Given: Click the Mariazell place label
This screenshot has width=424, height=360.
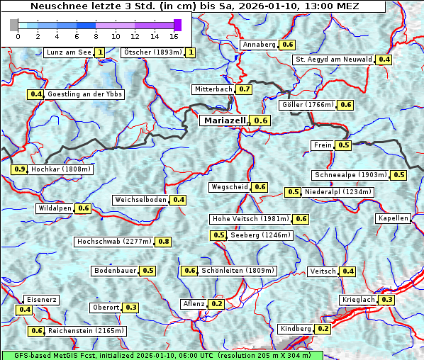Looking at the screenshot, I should (224, 120).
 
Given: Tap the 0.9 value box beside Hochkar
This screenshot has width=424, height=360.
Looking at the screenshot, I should (20, 169).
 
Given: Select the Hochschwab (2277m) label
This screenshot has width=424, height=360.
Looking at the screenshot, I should (113, 242).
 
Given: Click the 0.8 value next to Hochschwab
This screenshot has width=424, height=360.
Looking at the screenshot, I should (164, 242).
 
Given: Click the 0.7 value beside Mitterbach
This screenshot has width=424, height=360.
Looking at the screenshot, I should (244, 89).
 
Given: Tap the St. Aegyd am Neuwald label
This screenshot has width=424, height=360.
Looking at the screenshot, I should (334, 60).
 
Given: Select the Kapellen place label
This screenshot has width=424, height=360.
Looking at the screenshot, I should (394, 218).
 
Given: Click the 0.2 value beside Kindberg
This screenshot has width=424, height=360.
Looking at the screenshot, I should (323, 329).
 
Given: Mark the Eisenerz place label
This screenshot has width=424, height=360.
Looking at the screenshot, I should (41, 300).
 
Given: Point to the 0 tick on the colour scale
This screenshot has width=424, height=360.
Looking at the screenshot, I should (18, 35).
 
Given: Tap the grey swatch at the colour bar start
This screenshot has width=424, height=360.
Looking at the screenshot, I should (13, 25).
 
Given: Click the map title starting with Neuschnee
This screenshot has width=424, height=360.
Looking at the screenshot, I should (193, 6).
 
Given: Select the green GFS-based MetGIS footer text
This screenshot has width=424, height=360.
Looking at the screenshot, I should (161, 355).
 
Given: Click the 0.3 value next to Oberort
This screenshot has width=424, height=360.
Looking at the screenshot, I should (131, 308).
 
